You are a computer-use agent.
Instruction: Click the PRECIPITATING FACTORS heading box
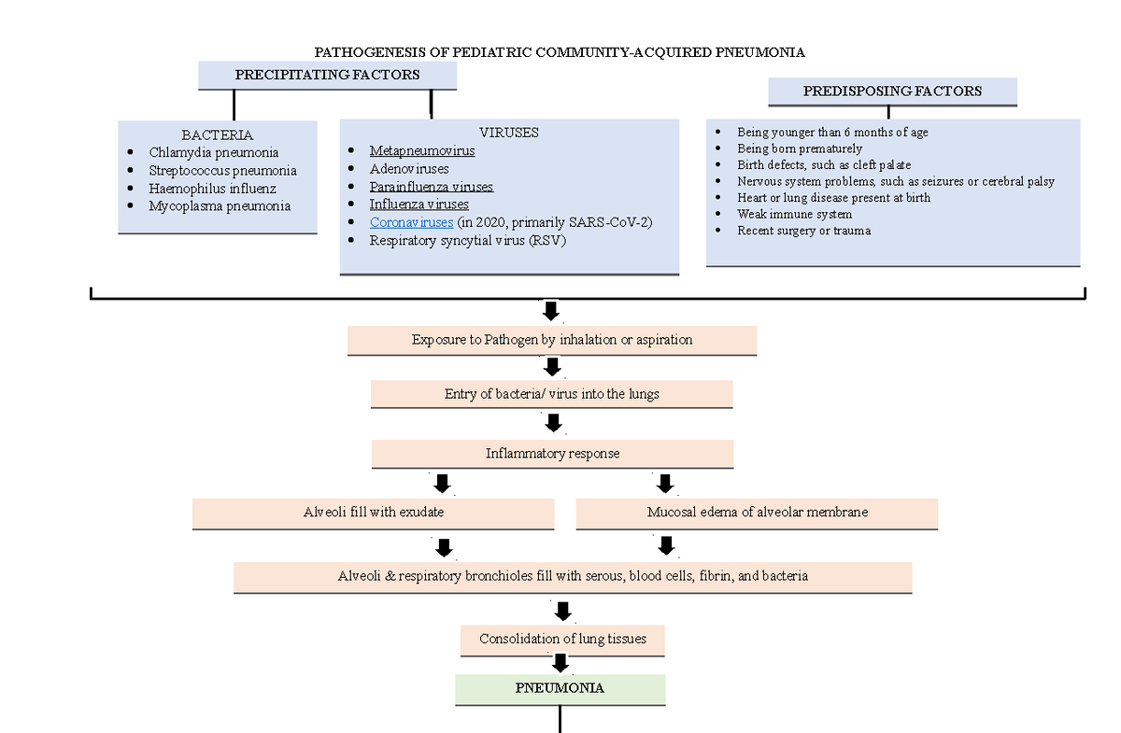pyautogui.click(x=327, y=75)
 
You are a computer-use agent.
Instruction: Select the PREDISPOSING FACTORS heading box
pyautogui.click(x=892, y=92)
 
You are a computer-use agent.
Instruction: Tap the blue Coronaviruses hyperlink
pyautogui.click(x=411, y=222)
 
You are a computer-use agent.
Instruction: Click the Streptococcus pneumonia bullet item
pyautogui.click(x=222, y=170)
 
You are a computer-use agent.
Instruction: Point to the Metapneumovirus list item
pyautogui.click(x=422, y=150)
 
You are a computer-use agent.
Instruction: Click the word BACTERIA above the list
pyautogui.click(x=217, y=134)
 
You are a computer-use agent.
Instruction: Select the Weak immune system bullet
pyautogui.click(x=794, y=214)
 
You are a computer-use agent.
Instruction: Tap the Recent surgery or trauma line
pyautogui.click(x=803, y=231)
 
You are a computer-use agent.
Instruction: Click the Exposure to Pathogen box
pyautogui.click(x=552, y=340)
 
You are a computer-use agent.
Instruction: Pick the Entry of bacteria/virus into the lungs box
pyautogui.click(x=552, y=394)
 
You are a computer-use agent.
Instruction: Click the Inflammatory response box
pyautogui.click(x=552, y=454)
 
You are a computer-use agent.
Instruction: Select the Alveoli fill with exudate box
pyautogui.click(x=373, y=513)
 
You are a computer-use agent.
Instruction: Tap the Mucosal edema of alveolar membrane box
pyautogui.click(x=757, y=513)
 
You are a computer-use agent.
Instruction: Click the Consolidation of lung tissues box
pyautogui.click(x=562, y=640)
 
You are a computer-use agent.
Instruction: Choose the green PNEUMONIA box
pyautogui.click(x=560, y=688)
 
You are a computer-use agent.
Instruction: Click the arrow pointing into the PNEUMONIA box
pyautogui.click(x=560, y=663)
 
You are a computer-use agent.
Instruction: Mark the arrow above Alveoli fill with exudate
pyautogui.click(x=442, y=483)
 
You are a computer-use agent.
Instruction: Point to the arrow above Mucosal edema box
pyautogui.click(x=665, y=483)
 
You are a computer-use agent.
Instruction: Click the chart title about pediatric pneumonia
pyautogui.click(x=560, y=52)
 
